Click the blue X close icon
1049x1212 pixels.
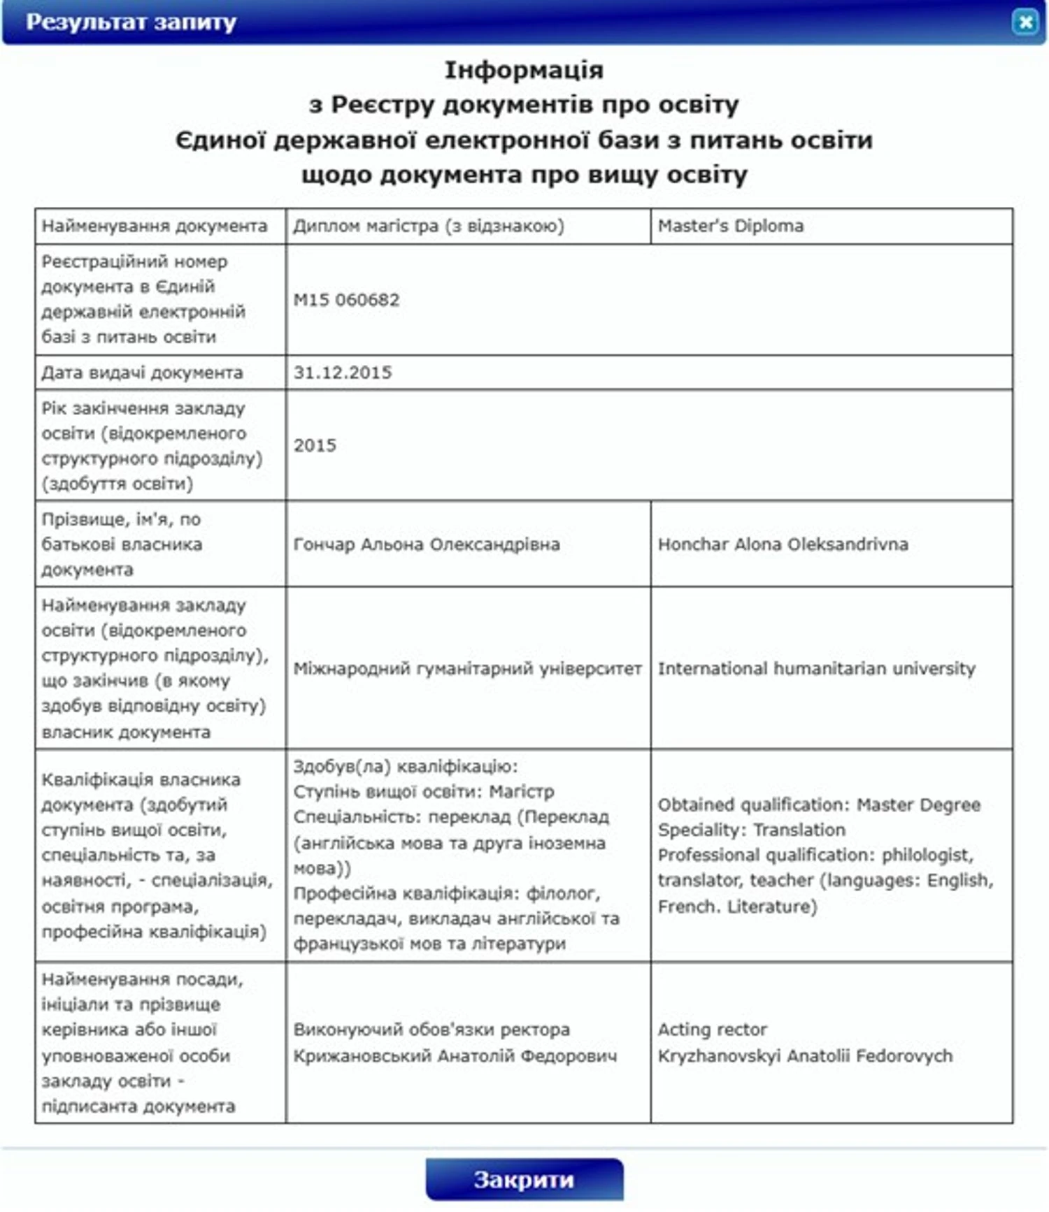1025,22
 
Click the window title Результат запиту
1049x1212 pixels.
131,22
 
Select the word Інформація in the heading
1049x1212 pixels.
524,70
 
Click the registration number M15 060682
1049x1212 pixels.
346,300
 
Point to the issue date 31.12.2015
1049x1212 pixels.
343,373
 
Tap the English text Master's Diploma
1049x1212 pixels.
731,226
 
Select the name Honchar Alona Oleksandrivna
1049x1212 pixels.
783,544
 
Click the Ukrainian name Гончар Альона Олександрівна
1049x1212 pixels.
427,544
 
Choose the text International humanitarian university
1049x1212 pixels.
816,668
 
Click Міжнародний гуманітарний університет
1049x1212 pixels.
467,668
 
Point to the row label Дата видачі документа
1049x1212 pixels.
142,373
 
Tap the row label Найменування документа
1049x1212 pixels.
155,226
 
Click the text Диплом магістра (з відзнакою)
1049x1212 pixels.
428,226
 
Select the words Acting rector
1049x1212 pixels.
712,1029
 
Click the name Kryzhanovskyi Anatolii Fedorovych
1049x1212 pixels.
805,1055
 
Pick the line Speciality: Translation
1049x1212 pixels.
751,830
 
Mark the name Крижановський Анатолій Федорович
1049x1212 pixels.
455,1055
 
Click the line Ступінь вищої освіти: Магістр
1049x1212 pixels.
424,791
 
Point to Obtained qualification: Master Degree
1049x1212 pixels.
819,805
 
